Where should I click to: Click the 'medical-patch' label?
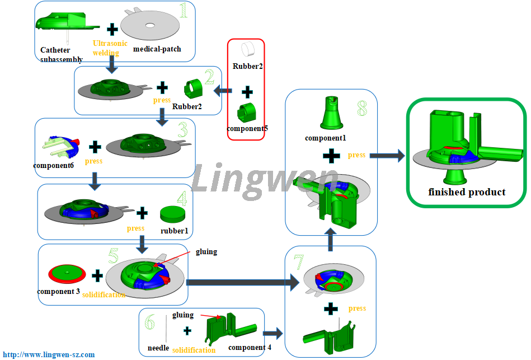pyautogui.click(x=157, y=49)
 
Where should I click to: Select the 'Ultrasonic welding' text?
pyautogui.click(x=110, y=48)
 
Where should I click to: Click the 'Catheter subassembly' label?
pyautogui.click(x=62, y=54)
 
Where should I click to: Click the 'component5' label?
pyautogui.click(x=247, y=128)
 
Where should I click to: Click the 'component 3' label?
pyautogui.click(x=58, y=292)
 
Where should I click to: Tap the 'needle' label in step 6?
pyautogui.click(x=158, y=348)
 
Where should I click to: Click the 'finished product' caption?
pyautogui.click(x=467, y=192)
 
